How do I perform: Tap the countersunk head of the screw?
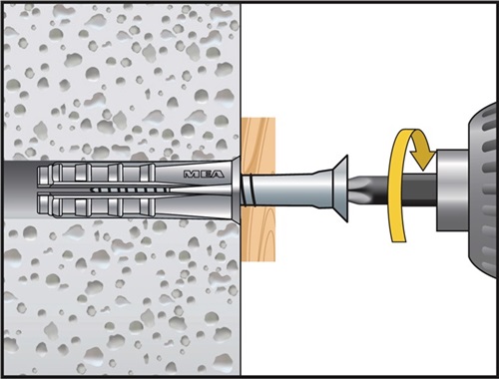click(340, 189)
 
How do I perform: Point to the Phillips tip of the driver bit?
click(358, 188)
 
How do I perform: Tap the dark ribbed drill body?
click(483, 189)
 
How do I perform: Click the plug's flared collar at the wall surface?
click(237, 189)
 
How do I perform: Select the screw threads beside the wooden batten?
click(249, 190)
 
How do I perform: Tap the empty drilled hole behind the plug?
click(20, 189)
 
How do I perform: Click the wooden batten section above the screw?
click(258, 146)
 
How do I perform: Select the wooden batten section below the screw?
click(258, 233)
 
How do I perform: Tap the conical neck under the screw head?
click(323, 189)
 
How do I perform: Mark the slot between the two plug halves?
click(133, 190)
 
